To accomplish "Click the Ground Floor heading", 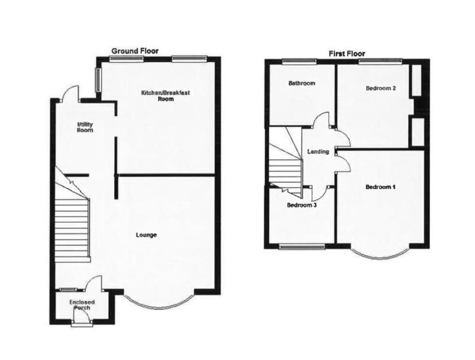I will [x=135, y=51].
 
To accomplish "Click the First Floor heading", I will [x=347, y=53].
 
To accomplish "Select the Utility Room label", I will [x=85, y=127].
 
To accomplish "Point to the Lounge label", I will [x=146, y=234].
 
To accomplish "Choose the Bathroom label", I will [x=302, y=84].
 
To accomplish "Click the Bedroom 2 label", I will [x=380, y=88].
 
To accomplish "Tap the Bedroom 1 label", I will [x=380, y=187].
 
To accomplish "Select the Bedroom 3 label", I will [x=302, y=205].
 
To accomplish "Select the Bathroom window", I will [x=299, y=61].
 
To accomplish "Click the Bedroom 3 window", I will [x=301, y=245].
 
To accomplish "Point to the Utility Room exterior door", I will [x=71, y=94].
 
